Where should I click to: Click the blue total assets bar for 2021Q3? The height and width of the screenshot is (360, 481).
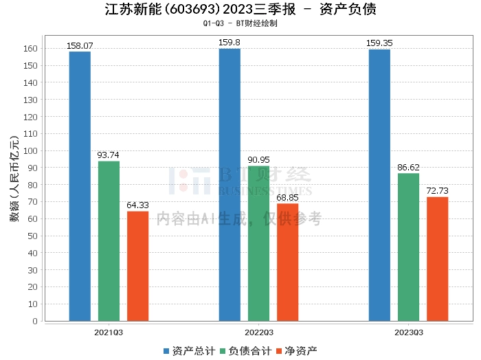80,186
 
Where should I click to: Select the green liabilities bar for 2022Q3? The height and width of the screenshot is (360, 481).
258,243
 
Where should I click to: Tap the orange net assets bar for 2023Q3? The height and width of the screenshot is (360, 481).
438,259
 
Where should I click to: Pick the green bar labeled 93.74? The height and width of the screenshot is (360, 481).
109,241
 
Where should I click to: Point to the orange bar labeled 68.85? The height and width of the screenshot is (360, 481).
287,262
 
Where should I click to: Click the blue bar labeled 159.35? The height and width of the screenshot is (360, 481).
379,185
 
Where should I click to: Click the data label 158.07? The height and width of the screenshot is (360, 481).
80,46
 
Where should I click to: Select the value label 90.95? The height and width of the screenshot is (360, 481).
258,160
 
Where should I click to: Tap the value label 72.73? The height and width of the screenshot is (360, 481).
438,191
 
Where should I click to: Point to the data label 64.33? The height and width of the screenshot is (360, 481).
137,205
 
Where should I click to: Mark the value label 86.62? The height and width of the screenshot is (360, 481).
408,168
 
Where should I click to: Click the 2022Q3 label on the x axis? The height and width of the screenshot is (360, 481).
259,333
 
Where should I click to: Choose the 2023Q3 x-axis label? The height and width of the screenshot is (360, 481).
409,333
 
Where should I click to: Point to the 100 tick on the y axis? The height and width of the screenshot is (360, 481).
30,151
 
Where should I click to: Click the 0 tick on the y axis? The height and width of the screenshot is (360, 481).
35,322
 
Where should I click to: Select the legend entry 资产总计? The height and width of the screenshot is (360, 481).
190,351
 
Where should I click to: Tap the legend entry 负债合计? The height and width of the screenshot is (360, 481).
246,351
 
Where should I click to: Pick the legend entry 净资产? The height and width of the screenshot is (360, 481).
297,351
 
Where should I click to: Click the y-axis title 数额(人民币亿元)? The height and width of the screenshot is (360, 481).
14,179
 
